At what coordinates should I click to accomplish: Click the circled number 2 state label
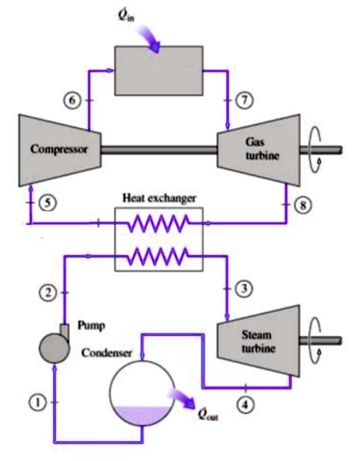click(47, 293)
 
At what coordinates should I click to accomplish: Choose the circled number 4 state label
click(246, 405)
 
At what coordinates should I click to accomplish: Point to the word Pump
click(92, 324)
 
